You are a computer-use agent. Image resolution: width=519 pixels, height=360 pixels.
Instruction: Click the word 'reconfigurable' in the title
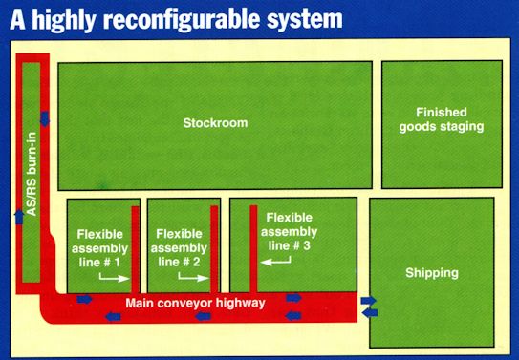point(182,19)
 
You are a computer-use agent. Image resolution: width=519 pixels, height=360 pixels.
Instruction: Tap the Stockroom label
point(215,123)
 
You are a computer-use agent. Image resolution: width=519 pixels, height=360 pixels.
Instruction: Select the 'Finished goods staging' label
point(442,119)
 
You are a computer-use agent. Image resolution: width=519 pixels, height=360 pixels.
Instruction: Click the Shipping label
point(432,273)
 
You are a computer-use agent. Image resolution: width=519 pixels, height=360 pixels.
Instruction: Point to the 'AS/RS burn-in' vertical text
point(31,174)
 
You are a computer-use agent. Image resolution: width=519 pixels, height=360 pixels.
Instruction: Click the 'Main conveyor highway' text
point(195,303)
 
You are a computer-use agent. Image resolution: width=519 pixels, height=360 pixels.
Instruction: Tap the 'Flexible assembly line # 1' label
point(99,248)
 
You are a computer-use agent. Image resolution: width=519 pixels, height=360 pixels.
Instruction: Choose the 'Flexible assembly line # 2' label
point(179,248)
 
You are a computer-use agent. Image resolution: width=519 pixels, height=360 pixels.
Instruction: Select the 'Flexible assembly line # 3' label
point(289,232)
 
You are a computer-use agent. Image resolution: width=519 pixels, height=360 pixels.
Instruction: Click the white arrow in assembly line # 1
point(114,278)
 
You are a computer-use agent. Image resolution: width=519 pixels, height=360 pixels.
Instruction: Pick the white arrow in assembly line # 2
point(193,278)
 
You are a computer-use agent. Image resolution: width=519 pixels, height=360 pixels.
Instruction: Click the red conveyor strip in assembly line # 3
point(253,249)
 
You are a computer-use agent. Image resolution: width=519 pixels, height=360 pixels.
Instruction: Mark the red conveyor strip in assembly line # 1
point(135,249)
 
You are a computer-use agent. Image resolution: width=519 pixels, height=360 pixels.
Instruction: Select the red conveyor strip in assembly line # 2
point(214,249)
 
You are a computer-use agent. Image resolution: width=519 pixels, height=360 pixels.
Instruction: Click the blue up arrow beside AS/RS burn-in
point(19,217)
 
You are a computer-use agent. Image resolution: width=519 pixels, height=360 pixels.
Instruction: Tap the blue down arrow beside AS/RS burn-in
point(45,119)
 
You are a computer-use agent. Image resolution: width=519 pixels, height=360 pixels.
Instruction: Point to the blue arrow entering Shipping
point(368,301)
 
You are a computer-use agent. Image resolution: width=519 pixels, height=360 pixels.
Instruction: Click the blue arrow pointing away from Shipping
point(370,312)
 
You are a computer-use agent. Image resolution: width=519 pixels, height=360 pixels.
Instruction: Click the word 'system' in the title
point(305,19)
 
